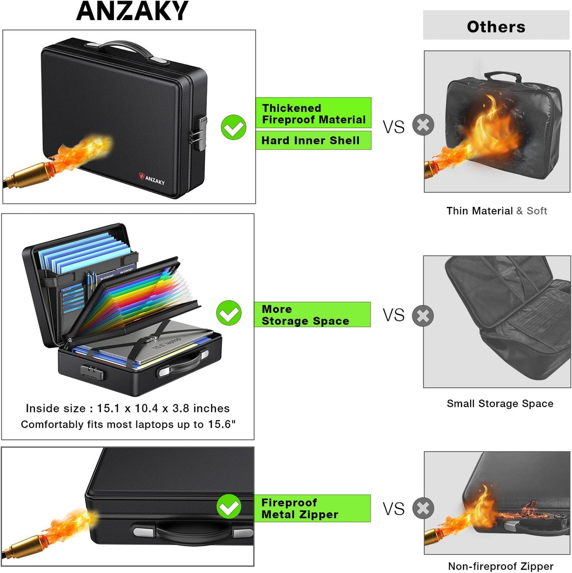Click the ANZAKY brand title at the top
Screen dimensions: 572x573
click(132, 10)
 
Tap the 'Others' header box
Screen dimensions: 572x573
click(496, 25)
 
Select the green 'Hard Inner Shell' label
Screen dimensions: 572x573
click(313, 140)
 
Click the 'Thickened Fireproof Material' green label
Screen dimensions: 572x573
click(313, 113)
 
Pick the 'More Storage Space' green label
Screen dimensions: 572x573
click(312, 315)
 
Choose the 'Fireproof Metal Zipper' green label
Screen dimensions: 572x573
click(312, 508)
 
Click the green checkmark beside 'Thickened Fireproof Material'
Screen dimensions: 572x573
click(234, 127)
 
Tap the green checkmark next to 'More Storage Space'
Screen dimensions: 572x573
click(229, 313)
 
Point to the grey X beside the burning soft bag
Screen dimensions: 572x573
click(423, 124)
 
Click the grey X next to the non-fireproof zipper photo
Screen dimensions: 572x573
click(423, 508)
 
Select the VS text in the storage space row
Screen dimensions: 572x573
click(394, 315)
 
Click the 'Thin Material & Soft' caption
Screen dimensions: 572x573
click(496, 211)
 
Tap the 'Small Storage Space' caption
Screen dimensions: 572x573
click(500, 403)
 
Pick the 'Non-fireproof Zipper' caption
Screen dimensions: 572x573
click(500, 566)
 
